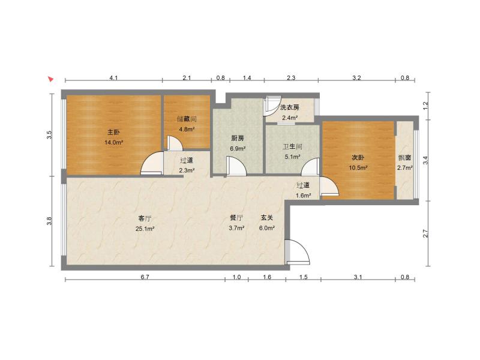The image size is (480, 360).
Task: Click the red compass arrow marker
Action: [51, 79]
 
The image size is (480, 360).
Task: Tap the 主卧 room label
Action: [113, 132]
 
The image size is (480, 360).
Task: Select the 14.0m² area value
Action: [113, 142]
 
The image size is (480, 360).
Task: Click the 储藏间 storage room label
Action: [187, 119]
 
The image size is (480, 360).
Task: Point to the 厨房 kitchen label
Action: [238, 139]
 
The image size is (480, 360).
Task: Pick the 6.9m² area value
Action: [238, 149]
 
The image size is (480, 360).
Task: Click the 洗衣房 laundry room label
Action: [290, 107]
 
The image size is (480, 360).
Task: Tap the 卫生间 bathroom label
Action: [292, 146]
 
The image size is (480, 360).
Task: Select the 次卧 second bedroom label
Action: [358, 158]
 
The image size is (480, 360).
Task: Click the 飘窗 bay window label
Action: [404, 158]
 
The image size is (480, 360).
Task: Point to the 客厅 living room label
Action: [145, 218]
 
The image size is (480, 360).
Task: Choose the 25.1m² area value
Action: [145, 229]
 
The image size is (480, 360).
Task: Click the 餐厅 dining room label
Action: [236, 218]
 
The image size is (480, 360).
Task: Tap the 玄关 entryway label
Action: [266, 218]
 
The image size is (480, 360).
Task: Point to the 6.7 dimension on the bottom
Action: [145, 277]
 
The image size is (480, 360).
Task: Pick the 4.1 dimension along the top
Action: [113, 78]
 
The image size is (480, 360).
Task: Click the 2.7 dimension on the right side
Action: [425, 234]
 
